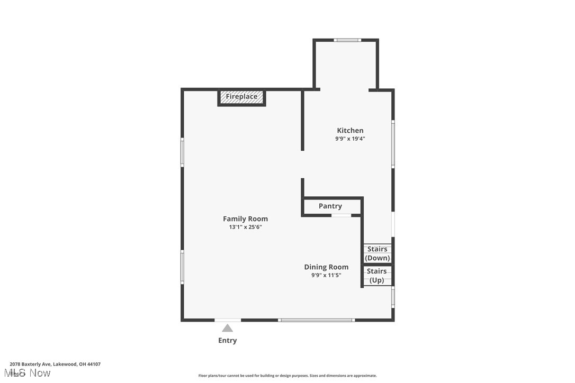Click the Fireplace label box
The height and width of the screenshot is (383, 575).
click(241, 97)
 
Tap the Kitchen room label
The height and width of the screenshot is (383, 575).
click(350, 131)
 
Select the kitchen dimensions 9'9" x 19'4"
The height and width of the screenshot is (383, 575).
click(350, 139)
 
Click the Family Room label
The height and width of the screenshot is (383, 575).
click(245, 219)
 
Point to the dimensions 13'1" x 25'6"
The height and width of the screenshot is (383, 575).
click(245, 227)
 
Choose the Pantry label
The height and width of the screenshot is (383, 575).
click(330, 206)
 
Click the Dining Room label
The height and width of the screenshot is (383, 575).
click(326, 267)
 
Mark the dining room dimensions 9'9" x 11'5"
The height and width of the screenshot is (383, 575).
click(326, 276)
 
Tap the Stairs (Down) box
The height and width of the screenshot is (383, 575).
click(377, 253)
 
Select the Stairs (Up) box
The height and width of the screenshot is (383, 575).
click(377, 276)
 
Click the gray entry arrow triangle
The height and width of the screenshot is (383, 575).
click(227, 328)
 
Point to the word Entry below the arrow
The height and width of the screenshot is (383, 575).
click(227, 341)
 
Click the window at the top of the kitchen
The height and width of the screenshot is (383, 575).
click(347, 40)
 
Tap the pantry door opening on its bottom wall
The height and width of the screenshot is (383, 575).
click(342, 215)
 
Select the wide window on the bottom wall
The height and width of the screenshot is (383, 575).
click(316, 320)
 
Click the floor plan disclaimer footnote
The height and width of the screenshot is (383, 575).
click(287, 376)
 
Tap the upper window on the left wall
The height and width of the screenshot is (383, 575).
click(182, 152)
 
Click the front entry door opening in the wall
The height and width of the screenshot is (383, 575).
click(228, 320)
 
